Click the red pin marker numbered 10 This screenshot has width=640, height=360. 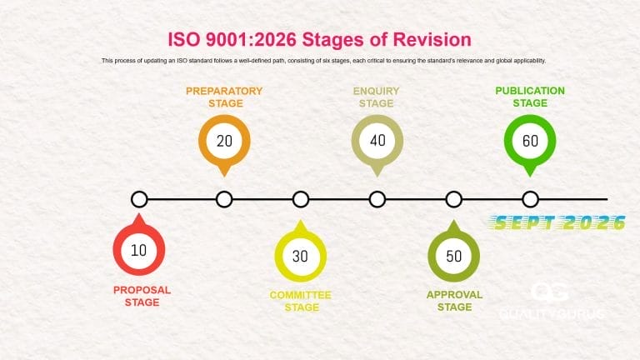(138, 250)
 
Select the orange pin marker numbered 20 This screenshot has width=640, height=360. (224, 141)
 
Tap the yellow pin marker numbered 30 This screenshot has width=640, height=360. (301, 256)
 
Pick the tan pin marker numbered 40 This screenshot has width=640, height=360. (377, 141)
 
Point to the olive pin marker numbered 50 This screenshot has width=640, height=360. (454, 256)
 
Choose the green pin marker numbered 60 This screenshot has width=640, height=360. (530, 141)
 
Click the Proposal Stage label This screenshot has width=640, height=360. (142, 296)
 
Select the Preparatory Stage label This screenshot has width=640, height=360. (224, 97)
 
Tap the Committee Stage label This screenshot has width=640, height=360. (301, 301)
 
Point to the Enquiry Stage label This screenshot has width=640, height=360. (377, 97)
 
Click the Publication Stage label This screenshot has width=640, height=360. (530, 97)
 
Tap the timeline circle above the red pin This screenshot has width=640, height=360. (140, 199)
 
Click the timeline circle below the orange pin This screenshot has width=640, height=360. (224, 199)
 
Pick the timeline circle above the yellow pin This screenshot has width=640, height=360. (301, 199)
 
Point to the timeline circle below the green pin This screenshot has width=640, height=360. (530, 199)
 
